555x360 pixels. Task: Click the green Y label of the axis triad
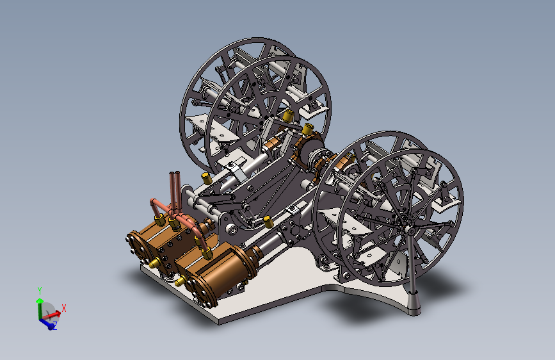point(40,291)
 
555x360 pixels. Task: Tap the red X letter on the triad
point(64,308)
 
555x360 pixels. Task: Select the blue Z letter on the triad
point(55,325)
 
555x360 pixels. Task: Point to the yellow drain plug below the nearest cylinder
point(179,282)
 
